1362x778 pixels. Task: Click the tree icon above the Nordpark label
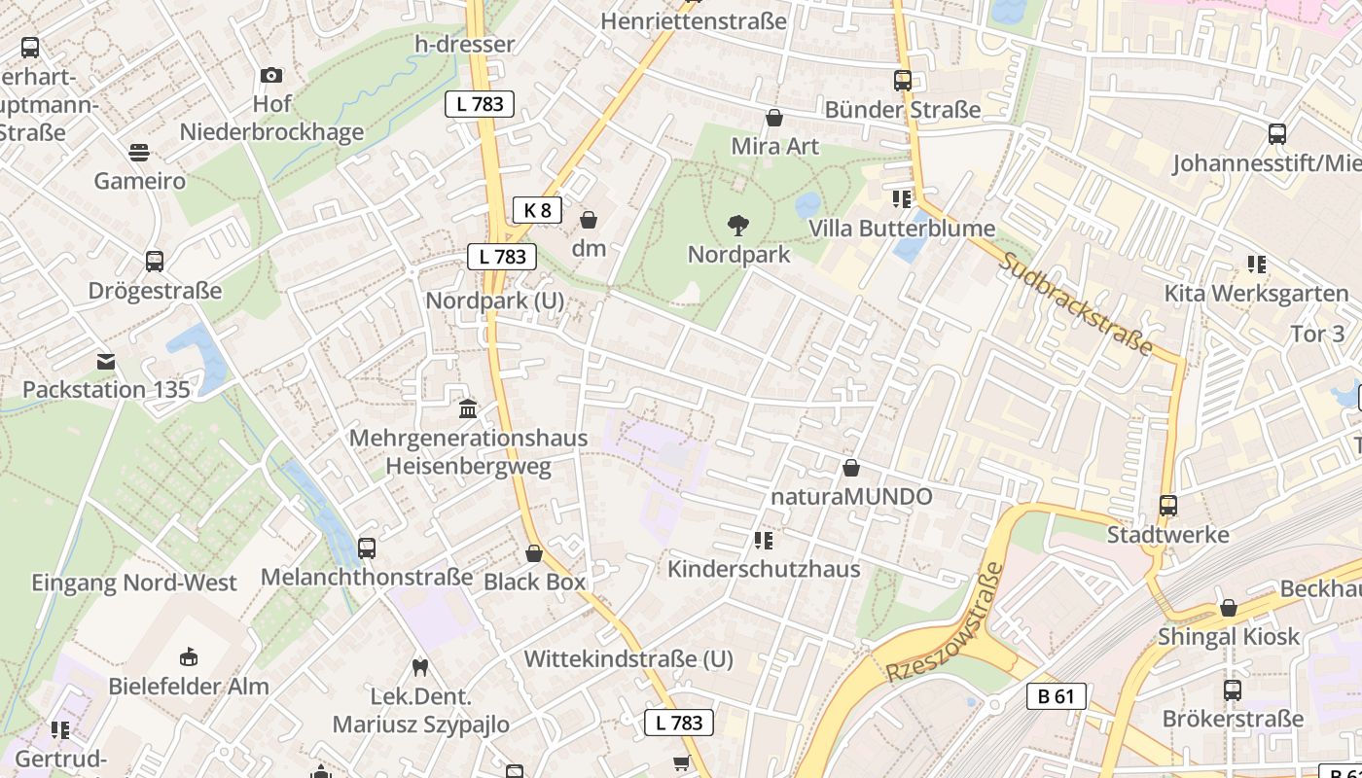point(738,226)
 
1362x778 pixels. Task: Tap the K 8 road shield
point(537,209)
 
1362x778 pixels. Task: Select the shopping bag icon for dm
point(589,220)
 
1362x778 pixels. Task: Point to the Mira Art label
point(775,147)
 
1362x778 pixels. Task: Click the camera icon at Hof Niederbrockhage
point(271,75)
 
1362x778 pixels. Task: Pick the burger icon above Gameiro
point(139,153)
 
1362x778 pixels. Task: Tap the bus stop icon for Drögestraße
point(154,261)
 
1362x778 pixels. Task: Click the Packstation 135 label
point(106,390)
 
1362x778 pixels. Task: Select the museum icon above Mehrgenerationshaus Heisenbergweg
point(468,408)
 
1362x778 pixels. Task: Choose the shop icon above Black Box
point(534,553)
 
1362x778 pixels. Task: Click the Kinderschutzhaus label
point(764,569)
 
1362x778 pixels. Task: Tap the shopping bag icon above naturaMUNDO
point(851,468)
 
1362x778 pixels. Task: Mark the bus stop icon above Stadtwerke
point(1168,506)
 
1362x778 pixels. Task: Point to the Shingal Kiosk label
point(1229,637)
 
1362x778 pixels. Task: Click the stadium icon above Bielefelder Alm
point(189,656)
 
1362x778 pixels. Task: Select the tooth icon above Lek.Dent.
point(420,667)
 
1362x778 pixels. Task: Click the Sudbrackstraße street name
point(1076,304)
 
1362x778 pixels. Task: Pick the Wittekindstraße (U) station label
point(628,659)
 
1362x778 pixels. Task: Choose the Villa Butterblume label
point(902,229)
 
